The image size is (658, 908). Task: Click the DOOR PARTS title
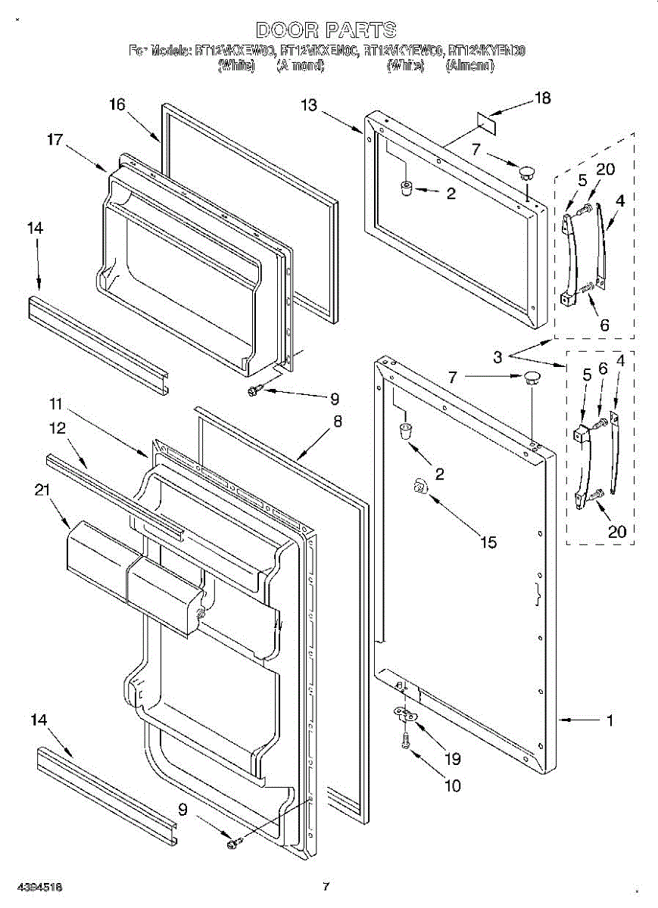[x=326, y=30]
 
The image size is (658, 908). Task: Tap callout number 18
[x=543, y=98]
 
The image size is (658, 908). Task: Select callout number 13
[x=309, y=105]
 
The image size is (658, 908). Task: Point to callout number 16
[x=117, y=104]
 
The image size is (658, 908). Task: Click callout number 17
[x=55, y=139]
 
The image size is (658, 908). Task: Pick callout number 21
[x=41, y=490]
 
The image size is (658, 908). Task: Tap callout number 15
[x=488, y=542]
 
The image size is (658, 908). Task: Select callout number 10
[x=453, y=785]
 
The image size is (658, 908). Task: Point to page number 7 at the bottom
[x=326, y=886]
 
